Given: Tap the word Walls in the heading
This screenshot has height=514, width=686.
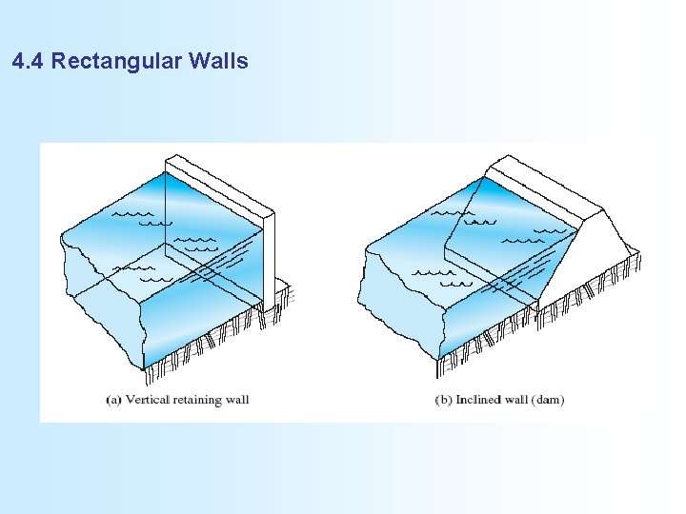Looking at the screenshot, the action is coord(218,63).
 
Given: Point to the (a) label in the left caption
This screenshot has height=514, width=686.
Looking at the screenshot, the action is coord(113,399).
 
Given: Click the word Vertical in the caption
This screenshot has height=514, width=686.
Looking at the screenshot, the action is coord(145,399).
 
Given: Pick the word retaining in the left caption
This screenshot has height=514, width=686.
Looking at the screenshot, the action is coord(197,399).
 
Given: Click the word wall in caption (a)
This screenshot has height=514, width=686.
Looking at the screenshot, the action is coord(238,399).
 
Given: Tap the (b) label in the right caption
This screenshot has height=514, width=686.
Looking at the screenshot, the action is coord(443,399).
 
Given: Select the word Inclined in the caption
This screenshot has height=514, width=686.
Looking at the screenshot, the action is coord(478,399).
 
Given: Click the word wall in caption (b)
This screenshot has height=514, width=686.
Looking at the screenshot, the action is coord(519,399).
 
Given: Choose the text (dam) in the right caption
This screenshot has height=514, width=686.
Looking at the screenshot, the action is coord(550,399).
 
